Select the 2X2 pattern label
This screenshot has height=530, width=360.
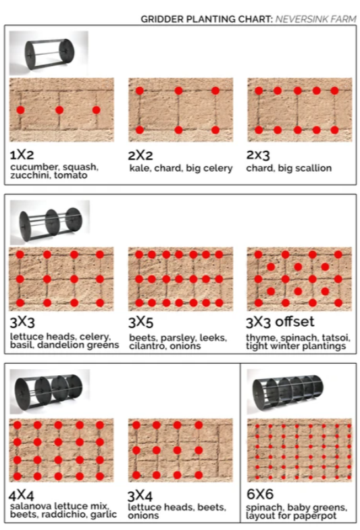tap(140, 155)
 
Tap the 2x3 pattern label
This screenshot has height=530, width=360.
tap(259, 155)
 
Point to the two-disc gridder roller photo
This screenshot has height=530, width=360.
tap(49, 53)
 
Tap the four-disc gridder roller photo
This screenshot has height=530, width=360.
tap(49, 392)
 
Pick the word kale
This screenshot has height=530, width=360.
tap(138, 168)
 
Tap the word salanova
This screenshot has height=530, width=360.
tap(30, 506)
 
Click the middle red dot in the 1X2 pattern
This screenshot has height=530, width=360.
tap(59, 110)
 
